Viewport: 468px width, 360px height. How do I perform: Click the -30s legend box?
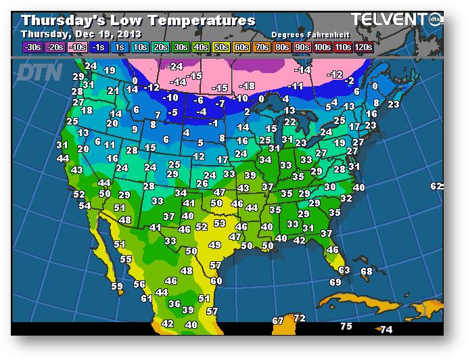[x=32, y=47]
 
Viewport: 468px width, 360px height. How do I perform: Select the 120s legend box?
[x=365, y=47]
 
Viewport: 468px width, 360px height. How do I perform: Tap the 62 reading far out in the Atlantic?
[x=436, y=186]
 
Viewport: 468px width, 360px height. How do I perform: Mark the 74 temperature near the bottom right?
[x=386, y=330]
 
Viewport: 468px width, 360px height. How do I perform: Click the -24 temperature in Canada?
[x=175, y=66]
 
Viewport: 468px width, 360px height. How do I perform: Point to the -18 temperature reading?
[x=248, y=86]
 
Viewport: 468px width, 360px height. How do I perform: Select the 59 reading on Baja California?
[x=117, y=286]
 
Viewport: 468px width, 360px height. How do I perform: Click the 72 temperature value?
[x=300, y=318]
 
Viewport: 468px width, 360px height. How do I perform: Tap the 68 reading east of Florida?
[x=366, y=271]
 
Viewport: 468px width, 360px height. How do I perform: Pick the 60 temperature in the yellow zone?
[x=216, y=281]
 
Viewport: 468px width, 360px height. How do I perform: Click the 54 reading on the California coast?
[x=85, y=206]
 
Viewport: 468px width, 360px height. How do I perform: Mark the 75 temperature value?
[x=346, y=326]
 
